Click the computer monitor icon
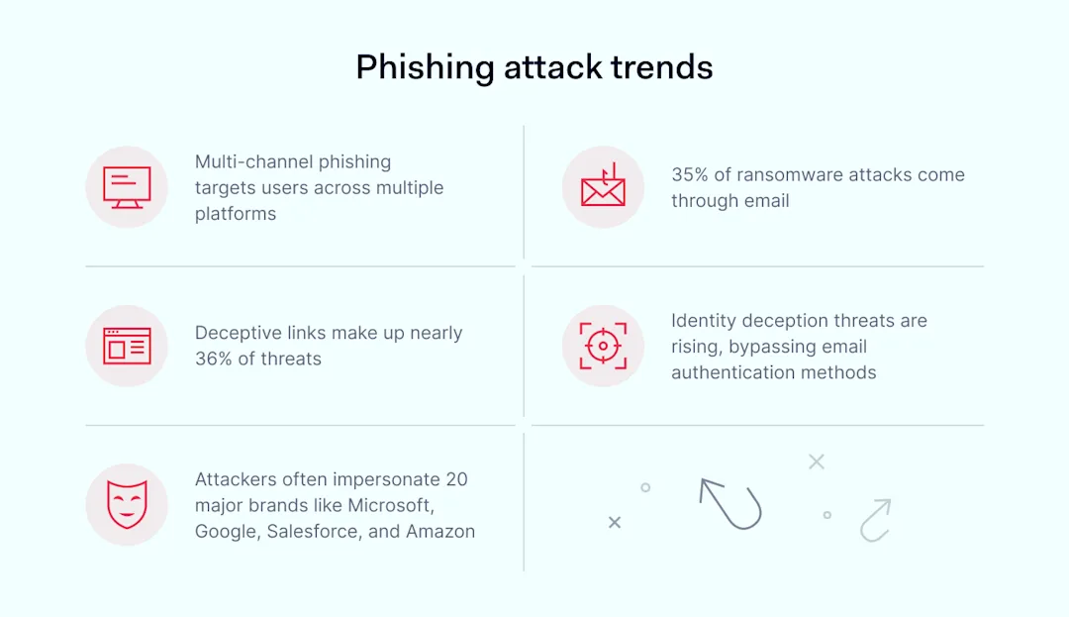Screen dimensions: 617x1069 tap(127, 187)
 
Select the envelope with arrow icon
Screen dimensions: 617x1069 tap(603, 186)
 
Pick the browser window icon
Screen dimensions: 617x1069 tap(127, 346)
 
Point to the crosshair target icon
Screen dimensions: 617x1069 tap(603, 346)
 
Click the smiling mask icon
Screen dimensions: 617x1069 tap(127, 504)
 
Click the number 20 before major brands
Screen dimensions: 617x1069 tap(456, 479)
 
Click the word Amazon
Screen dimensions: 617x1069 tap(440, 531)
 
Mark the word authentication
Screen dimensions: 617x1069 tap(732, 372)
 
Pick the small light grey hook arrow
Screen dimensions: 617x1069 tap(875, 520)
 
